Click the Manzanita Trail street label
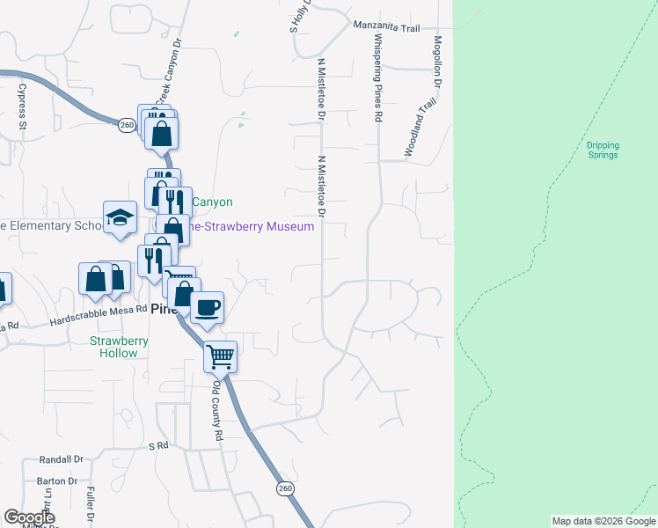pyautogui.click(x=386, y=27)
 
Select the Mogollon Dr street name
pyautogui.click(x=436, y=62)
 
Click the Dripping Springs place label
pyautogui.click(x=603, y=150)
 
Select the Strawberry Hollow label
pyautogui.click(x=113, y=347)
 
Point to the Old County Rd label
pyautogui.click(x=217, y=405)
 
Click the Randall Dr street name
pyautogui.click(x=61, y=459)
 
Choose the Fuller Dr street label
pyautogui.click(x=91, y=507)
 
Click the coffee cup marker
pyautogui.click(x=207, y=308)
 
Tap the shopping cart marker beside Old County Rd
pyautogui.click(x=220, y=357)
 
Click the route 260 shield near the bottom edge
pyautogui.click(x=284, y=488)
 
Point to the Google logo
pyautogui.click(x=29, y=517)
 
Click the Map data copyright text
pyautogui.click(x=603, y=521)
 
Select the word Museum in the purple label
pyautogui.click(x=294, y=227)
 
